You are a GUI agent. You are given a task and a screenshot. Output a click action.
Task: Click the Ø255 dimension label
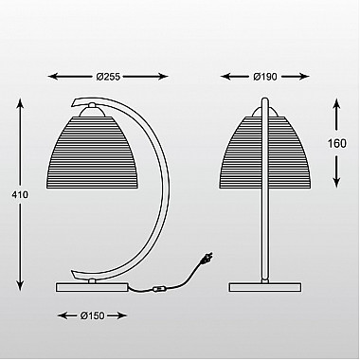(x=108, y=77)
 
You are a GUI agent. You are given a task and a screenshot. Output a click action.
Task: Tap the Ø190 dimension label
(x=265, y=77)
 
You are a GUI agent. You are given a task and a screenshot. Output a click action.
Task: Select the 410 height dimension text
(x=20, y=195)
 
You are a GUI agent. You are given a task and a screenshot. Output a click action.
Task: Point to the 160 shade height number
(x=337, y=144)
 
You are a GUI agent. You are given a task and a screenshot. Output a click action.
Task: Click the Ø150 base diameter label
(x=92, y=315)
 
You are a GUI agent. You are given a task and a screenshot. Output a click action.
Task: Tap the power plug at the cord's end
(x=207, y=258)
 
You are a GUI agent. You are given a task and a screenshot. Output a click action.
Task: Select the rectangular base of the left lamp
(x=92, y=287)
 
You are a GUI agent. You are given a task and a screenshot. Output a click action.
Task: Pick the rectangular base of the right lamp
(x=265, y=287)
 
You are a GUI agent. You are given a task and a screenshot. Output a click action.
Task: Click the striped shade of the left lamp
(x=92, y=153)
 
